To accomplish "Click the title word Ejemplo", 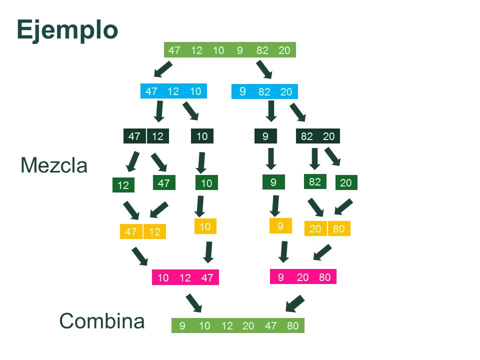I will point(67,30).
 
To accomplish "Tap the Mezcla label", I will point(54,165).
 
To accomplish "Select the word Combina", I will point(102,321).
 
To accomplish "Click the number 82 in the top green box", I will point(262,50).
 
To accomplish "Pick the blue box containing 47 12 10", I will point(173,91).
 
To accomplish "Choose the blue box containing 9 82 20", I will point(264,91).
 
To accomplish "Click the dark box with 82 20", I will point(317,136).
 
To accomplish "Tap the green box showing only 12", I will point(123,185).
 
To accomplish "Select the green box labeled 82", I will point(314,181).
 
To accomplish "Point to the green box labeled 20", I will point(345,183).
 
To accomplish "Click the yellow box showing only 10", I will point(205,227).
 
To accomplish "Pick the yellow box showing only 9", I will point(280,226).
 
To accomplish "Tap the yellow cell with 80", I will point(339,229).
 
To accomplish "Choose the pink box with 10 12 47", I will point(185,277).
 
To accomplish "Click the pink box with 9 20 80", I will point(303,277).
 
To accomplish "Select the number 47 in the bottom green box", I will point(270,326).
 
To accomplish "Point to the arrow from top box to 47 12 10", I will point(163,69).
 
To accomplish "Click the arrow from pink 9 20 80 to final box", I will point(295,303).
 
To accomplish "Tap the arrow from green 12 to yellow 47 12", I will point(132,210).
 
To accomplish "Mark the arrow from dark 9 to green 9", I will point(271,157).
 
